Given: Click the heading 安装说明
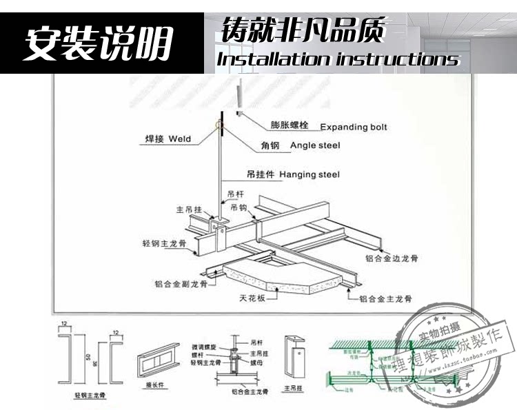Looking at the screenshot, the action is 99,43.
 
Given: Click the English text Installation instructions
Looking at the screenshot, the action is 338,59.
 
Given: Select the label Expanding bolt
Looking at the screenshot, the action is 354,127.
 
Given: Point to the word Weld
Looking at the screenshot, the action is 179,139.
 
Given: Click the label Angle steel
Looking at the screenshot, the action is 315,145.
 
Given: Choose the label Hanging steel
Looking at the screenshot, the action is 310,175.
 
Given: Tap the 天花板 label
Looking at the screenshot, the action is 252,299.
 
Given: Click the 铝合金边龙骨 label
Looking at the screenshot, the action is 392,258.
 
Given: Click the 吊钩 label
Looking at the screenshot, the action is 239,207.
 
